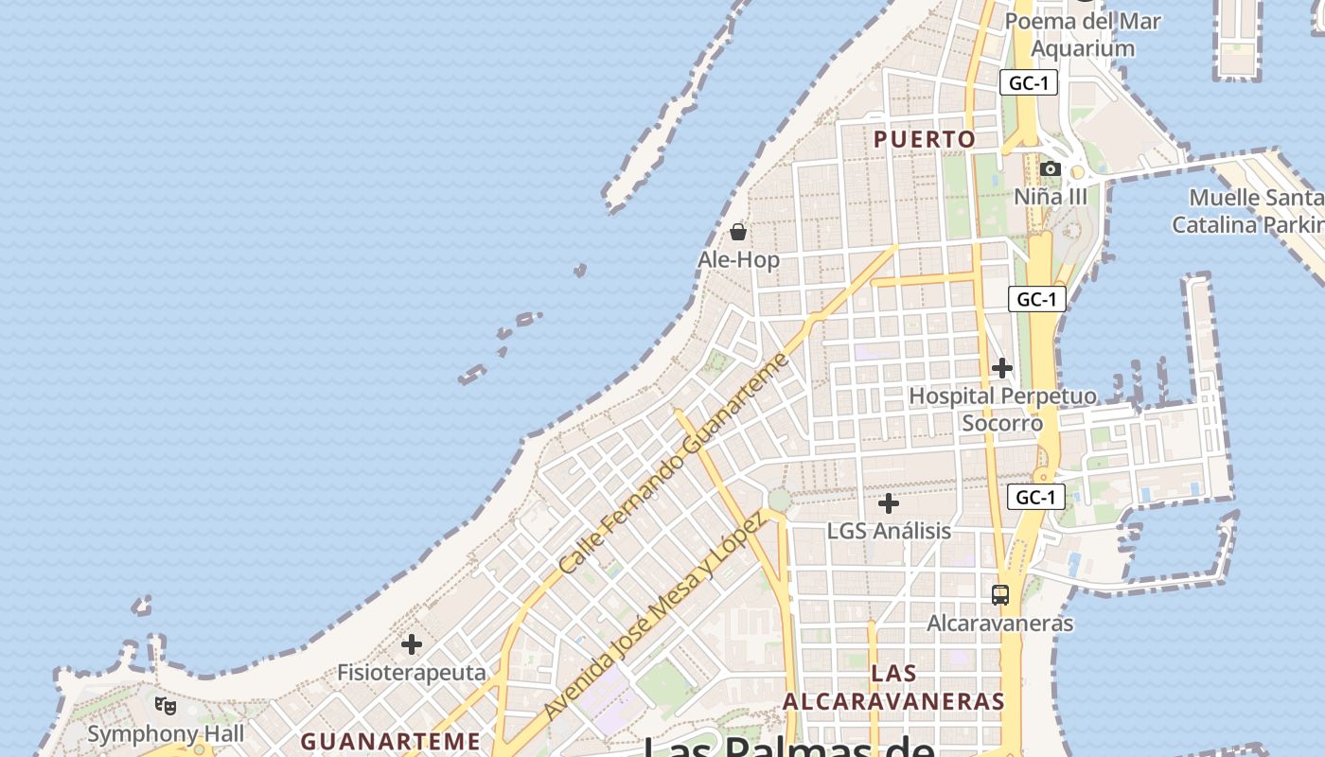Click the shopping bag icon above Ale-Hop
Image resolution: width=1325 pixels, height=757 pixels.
(x=738, y=232)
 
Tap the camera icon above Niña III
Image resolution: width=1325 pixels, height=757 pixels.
(x=1050, y=169)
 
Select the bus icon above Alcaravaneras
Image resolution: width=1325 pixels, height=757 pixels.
(x=1000, y=595)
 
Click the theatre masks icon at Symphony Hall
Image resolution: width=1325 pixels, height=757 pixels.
(x=166, y=705)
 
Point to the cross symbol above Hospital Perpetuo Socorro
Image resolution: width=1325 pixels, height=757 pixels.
(x=1002, y=367)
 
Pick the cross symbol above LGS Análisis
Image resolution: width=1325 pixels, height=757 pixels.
(x=889, y=503)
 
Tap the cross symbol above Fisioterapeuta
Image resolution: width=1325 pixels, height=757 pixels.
(x=412, y=644)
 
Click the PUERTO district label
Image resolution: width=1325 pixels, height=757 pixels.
(x=924, y=139)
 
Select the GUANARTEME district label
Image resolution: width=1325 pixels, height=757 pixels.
(x=391, y=740)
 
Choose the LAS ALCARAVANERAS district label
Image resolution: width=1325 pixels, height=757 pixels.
(x=893, y=687)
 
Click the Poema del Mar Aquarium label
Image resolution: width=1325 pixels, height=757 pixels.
(x=1083, y=34)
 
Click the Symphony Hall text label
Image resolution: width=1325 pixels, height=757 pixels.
(x=166, y=733)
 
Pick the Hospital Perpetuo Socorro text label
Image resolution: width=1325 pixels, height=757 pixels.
(x=1002, y=409)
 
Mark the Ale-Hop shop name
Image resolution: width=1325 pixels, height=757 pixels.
(x=738, y=259)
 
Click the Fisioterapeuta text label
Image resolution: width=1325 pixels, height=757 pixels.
(x=412, y=673)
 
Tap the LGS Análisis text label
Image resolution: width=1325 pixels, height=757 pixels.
(x=889, y=531)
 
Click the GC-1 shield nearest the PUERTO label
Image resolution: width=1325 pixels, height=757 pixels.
(x=1028, y=83)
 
